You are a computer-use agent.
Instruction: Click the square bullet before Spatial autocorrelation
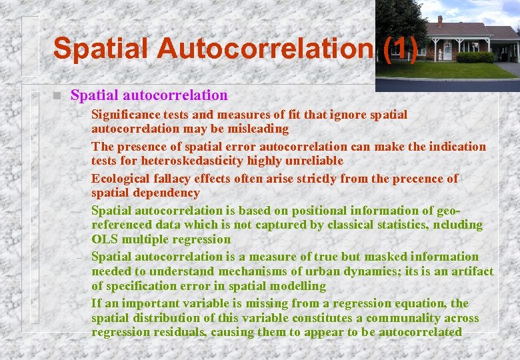coord(57,96)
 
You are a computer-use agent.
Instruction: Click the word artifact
coord(469,271)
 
